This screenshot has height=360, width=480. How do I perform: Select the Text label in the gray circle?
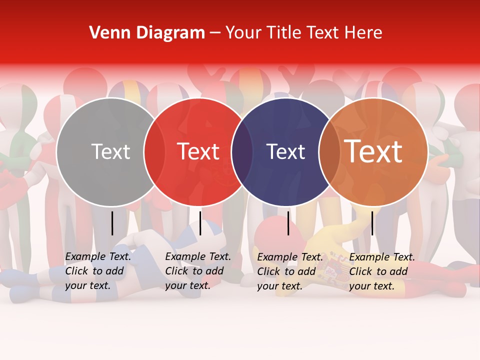click(110, 151)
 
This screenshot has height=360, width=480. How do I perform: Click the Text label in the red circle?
click(198, 151)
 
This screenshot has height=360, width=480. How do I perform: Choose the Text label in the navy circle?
click(285, 151)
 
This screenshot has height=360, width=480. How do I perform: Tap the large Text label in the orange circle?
click(373, 151)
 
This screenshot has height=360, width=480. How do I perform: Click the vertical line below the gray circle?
click(112, 223)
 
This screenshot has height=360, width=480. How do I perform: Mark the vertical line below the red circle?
click(200, 223)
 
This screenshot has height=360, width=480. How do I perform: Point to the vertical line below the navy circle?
click(288, 223)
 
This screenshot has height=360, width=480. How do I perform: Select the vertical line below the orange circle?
click(372, 223)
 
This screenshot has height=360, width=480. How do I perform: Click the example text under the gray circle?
click(98, 271)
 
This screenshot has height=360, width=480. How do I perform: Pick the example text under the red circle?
click(198, 271)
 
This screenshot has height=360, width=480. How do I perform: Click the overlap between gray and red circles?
click(154, 151)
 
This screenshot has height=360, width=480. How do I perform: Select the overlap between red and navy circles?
click(242, 151)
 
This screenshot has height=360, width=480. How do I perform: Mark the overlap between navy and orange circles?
click(329, 151)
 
